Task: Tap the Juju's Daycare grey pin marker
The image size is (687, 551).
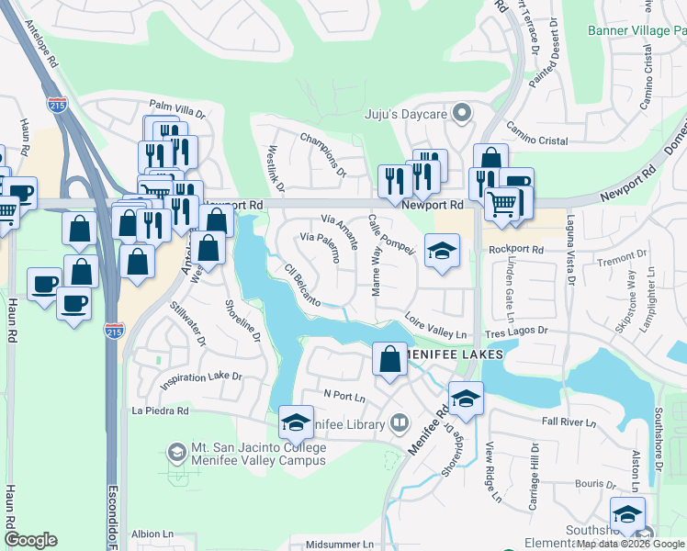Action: tap(462, 115)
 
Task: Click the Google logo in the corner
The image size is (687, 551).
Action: tap(30, 540)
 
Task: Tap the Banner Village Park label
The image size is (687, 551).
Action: tap(636, 30)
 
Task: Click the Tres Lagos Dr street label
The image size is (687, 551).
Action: tap(518, 331)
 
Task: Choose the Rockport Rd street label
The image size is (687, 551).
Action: tap(516, 249)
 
